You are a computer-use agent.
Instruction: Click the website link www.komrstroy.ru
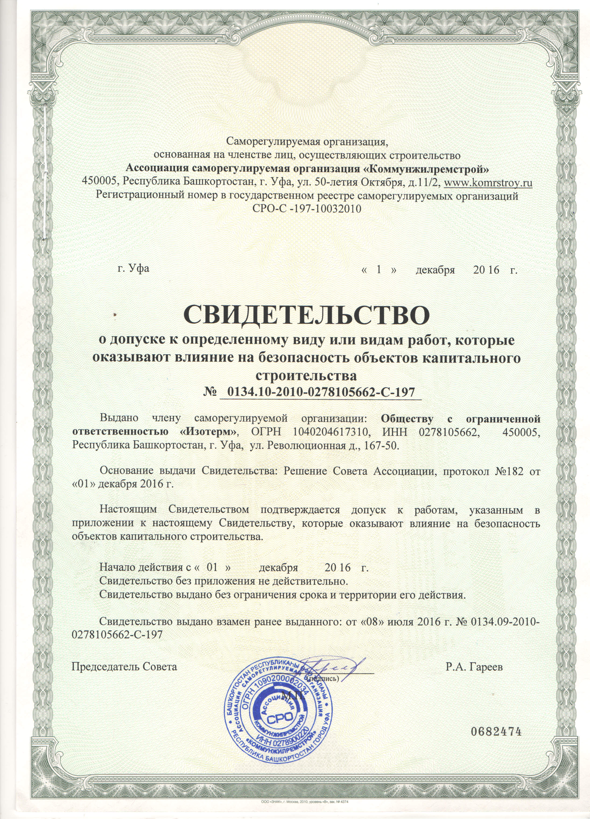tap(488, 183)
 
